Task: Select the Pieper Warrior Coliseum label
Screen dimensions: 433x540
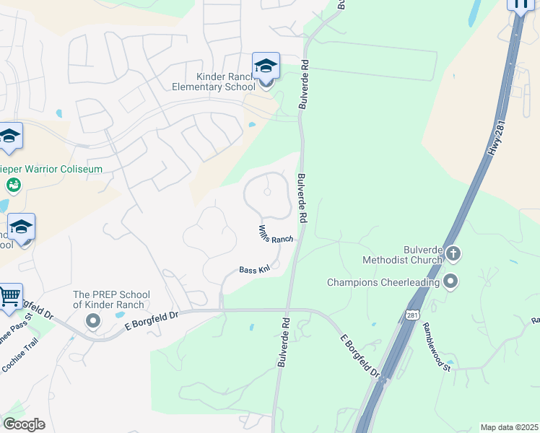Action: [54, 169]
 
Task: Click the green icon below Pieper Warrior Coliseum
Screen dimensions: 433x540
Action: [13, 185]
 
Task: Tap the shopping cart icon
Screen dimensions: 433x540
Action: [9, 296]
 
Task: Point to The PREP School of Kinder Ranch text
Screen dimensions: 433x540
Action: [111, 299]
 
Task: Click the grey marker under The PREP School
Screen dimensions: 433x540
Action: [92, 320]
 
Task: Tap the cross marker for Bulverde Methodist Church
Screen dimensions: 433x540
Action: [453, 253]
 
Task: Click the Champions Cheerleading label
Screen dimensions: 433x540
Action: [383, 282]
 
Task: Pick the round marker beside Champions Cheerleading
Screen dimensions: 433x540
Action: [451, 281]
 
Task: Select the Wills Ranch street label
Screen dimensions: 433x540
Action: [276, 233]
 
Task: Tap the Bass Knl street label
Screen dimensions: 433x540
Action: [255, 269]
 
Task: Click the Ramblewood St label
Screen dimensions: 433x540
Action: [436, 347]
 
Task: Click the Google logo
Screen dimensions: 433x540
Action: [24, 424]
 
